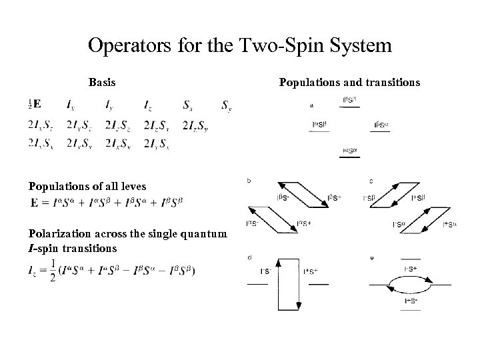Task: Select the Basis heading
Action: point(102,83)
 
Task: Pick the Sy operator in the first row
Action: point(227,105)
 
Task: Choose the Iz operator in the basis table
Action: point(147,105)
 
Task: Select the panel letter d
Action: point(249,257)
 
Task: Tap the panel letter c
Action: point(371,181)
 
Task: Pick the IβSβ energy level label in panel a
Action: point(349,100)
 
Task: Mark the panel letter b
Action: point(249,181)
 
